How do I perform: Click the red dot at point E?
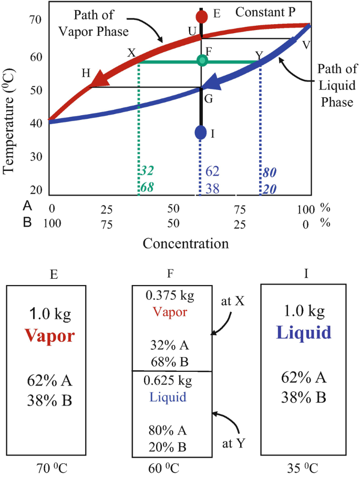point(201,15)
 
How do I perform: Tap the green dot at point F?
point(202,60)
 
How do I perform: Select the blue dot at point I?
point(200,133)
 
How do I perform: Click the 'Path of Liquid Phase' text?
point(336,85)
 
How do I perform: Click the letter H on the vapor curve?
point(86,73)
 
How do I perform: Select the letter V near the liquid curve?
point(307,45)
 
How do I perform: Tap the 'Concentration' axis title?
point(186,243)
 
